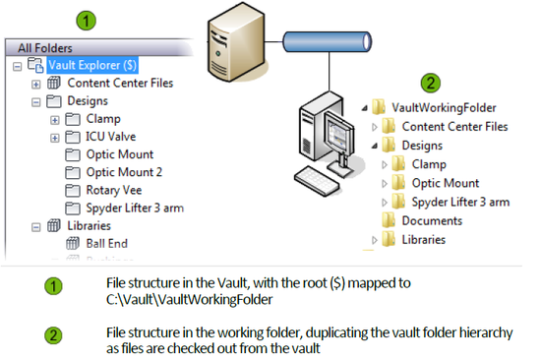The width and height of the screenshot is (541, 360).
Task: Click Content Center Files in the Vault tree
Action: pyautogui.click(x=120, y=83)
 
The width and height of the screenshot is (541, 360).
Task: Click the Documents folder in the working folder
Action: pyautogui.click(x=432, y=220)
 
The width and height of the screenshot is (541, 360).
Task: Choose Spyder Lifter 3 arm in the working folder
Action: pyautogui.click(x=460, y=202)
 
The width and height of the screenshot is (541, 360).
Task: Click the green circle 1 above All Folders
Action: pyautogui.click(x=88, y=19)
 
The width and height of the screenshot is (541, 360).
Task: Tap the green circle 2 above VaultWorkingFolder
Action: pyautogui.click(x=430, y=83)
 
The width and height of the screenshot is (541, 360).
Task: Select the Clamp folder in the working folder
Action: pyautogui.click(x=429, y=164)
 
